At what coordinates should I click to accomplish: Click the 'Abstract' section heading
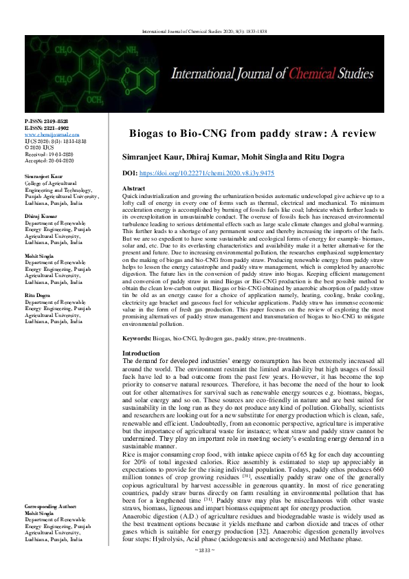coord(133,188)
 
